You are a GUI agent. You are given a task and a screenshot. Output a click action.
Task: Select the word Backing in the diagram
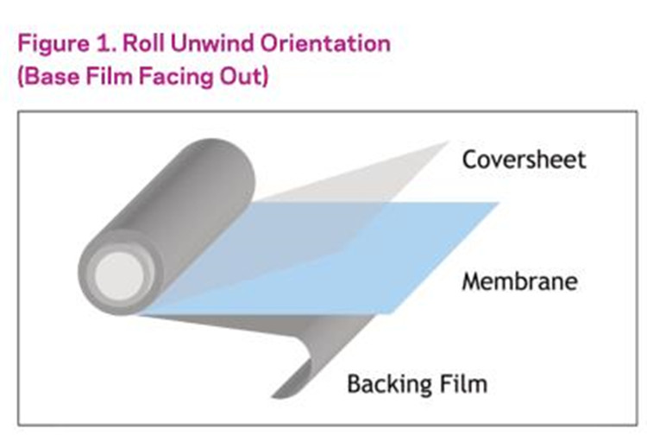point(385,383)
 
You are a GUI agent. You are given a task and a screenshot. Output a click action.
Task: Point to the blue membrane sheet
point(328,259)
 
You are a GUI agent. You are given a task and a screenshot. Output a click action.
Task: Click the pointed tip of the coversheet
point(445,142)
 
